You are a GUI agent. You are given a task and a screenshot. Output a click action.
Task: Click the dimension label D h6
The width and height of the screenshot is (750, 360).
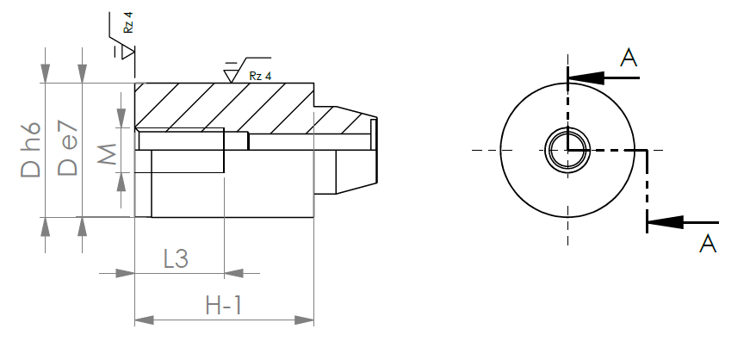[x=31, y=150]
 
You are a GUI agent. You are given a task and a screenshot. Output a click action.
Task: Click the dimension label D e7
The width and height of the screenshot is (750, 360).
[x=67, y=148]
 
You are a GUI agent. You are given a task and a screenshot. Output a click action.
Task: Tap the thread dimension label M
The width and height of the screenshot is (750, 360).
[x=107, y=153]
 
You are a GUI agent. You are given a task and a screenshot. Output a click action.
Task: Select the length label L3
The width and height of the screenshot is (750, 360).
[x=176, y=258]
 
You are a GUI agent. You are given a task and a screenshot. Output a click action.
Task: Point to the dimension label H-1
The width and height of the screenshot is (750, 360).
[x=224, y=306]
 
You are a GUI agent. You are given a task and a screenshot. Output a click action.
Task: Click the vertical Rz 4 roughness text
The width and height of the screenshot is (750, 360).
[x=127, y=22]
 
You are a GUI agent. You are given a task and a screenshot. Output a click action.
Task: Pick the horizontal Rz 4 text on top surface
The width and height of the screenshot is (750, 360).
[x=260, y=76]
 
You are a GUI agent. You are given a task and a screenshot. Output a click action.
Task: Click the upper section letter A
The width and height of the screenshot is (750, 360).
[x=629, y=58]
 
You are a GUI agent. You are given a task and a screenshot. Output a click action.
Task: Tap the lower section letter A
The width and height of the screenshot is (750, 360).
[x=708, y=244]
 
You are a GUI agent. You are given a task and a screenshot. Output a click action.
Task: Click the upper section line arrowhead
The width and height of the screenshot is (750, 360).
[x=586, y=78]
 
